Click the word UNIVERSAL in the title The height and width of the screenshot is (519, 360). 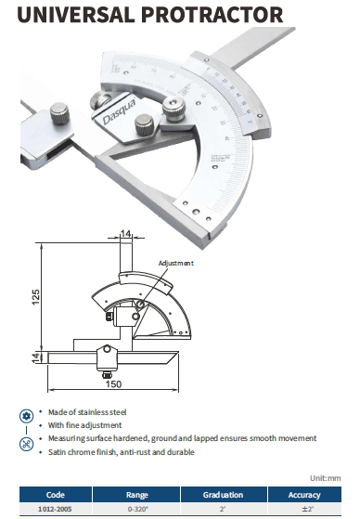tap(76, 14)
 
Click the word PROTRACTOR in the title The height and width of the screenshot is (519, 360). tap(212, 14)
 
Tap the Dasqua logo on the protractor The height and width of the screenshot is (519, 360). tap(119, 112)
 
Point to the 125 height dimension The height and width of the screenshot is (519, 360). tap(35, 297)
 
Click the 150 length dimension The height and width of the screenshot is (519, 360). tap(113, 384)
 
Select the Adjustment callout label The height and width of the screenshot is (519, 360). tap(175, 263)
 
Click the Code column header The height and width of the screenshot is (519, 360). tap(56, 495)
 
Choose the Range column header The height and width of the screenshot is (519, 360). tap(136, 495)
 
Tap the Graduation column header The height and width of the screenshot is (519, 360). tap(223, 495)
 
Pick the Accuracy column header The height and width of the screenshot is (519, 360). tap(304, 495)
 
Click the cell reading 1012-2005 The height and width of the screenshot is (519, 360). tap(55, 509)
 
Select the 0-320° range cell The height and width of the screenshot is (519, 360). tap(136, 509)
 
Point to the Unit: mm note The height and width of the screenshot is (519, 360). tap(326, 478)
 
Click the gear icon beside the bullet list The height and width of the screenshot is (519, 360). tap(27, 416)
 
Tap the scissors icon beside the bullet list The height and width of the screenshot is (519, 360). tap(27, 444)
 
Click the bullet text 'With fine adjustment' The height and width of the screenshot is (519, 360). tap(84, 425)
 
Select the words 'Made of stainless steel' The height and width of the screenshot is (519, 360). tap(87, 412)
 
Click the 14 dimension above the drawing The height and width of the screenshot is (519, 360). tap(126, 234)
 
